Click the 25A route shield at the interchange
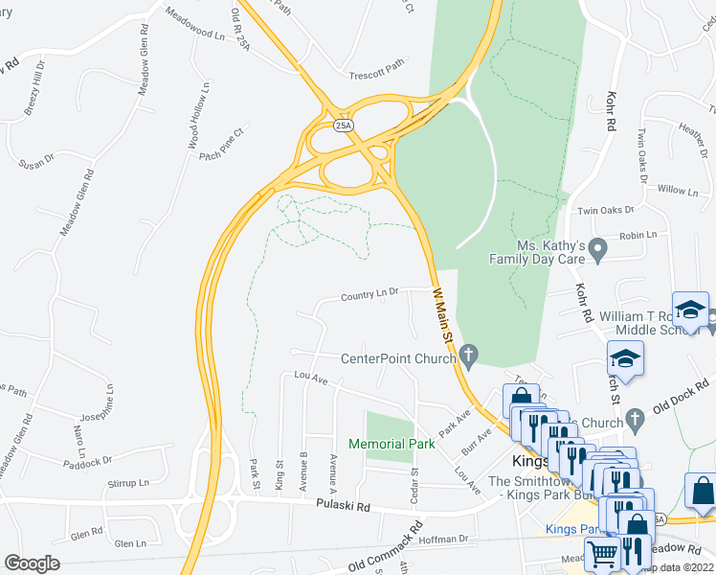pyautogui.click(x=343, y=126)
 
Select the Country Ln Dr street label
pyautogui.click(x=369, y=296)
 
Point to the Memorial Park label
pyautogui.click(x=392, y=444)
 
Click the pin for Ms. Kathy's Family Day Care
pyautogui.click(x=598, y=251)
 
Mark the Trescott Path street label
pyautogui.click(x=377, y=70)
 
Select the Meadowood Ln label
pyautogui.click(x=194, y=25)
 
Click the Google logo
pyautogui.click(x=33, y=563)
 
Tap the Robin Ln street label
pyautogui.click(x=638, y=235)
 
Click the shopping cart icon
pyautogui.click(x=602, y=553)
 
